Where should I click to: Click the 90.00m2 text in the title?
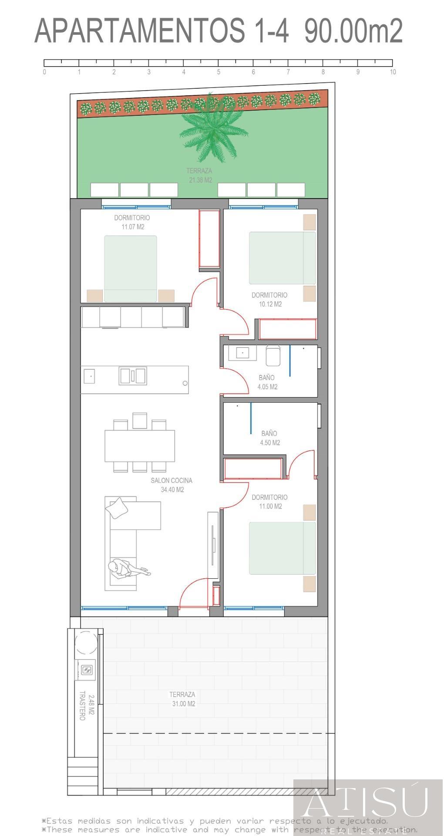(x=353, y=31)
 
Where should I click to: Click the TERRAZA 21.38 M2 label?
(x=200, y=175)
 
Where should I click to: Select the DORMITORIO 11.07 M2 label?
(x=132, y=222)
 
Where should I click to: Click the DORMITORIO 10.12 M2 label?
(x=269, y=300)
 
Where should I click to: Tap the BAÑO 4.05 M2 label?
(x=267, y=382)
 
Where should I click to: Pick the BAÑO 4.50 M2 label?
(x=269, y=438)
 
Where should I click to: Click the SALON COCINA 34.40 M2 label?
(x=172, y=485)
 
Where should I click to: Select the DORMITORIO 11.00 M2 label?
(x=269, y=502)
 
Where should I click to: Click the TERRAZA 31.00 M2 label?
(x=182, y=699)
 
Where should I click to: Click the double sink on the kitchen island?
(x=133, y=375)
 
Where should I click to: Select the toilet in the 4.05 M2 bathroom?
(x=272, y=356)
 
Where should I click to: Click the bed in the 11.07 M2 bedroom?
(x=130, y=269)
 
